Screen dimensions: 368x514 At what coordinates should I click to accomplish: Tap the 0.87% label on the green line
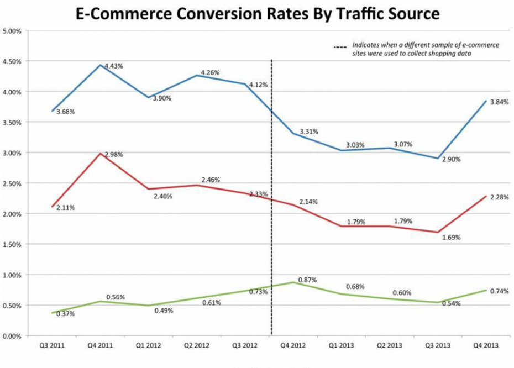pyautogui.click(x=307, y=280)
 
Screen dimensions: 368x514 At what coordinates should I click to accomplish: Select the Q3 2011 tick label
pyautogui.click(x=51, y=346)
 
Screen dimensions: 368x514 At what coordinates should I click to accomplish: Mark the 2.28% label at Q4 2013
pyautogui.click(x=499, y=197)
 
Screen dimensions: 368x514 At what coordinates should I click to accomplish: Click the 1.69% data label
pyautogui.click(x=451, y=238)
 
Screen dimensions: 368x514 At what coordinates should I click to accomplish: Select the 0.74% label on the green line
pyautogui.click(x=499, y=291)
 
